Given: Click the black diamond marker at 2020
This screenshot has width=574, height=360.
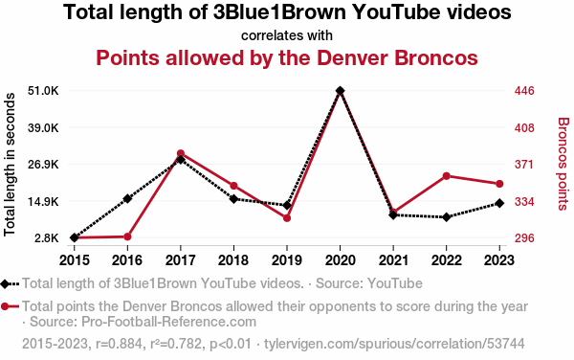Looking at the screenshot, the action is coord(340,90).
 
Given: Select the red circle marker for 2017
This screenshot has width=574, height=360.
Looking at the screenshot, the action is coord(181,153).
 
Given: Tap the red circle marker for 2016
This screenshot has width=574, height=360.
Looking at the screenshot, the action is coord(127,236).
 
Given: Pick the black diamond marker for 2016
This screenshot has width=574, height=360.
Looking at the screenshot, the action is coord(127,198).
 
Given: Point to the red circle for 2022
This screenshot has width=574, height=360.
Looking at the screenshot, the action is coord(446,176).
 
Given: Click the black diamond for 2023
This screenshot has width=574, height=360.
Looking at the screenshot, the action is coord(499,203).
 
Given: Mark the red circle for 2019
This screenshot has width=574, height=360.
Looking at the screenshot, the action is coord(287,218).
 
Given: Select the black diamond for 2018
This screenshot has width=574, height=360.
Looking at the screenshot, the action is coord(233,199).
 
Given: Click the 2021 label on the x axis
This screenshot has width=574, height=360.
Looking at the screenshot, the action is coord(393,260).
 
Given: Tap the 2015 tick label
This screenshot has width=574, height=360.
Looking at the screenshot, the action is coord(75,260).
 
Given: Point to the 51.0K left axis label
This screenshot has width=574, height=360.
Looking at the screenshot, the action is coord(43,90).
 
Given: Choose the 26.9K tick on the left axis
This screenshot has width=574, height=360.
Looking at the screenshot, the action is coord(43,165).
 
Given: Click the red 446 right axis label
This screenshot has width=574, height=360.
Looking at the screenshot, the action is coord(524,90).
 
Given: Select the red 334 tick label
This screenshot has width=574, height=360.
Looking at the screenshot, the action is coord(524,201).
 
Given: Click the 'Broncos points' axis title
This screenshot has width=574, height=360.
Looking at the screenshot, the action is coord(563,164).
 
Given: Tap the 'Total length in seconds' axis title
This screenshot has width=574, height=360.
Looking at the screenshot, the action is coord(10,165).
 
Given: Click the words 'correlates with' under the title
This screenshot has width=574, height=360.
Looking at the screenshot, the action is coord(287,35).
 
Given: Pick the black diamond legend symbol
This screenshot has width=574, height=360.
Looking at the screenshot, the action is coord(5,283).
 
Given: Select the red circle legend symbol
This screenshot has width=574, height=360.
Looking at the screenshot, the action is coord(5,306).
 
